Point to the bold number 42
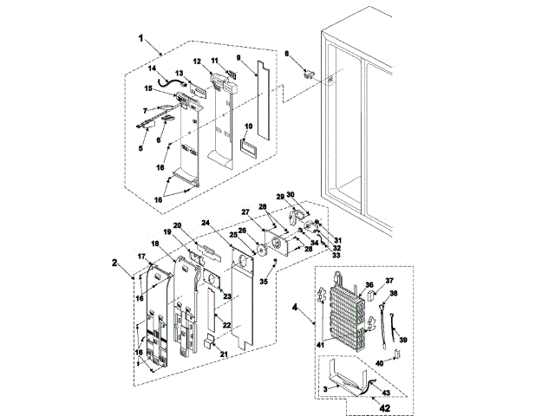(384, 406)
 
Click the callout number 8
(286, 55)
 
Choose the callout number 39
(402, 341)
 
